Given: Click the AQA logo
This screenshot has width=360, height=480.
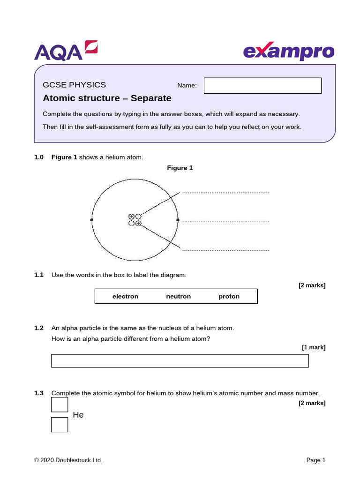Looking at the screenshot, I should click(x=66, y=51).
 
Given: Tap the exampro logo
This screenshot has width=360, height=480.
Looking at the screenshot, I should click(x=289, y=52).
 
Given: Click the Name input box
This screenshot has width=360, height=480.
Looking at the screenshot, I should click(x=262, y=86).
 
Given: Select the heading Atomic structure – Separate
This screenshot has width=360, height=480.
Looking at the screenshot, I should click(x=107, y=98).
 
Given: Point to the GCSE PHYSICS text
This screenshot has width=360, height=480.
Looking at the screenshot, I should click(x=74, y=85).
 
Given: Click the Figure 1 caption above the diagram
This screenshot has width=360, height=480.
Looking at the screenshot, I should click(x=180, y=168).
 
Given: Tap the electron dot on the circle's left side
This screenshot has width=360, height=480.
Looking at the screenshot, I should click(x=92, y=219).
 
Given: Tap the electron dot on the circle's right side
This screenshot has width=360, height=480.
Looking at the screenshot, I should click(x=178, y=219).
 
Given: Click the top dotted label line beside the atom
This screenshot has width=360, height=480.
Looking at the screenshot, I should click(x=225, y=193).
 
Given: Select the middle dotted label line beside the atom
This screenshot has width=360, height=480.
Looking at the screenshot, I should click(x=225, y=221).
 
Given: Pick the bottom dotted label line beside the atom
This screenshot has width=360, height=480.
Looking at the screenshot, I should click(x=225, y=250).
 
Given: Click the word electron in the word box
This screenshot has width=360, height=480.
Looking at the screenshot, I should click(x=125, y=296).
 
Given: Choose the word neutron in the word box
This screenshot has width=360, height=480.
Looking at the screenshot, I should click(x=178, y=296).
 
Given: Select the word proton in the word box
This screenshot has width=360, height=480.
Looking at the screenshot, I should click(x=229, y=296).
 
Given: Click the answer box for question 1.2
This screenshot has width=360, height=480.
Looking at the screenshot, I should click(x=180, y=361).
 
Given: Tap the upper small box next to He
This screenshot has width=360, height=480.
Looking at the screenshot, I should click(x=60, y=405).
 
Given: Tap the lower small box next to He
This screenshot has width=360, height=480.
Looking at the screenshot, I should click(x=60, y=425).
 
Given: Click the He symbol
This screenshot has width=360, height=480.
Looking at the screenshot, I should click(x=78, y=415).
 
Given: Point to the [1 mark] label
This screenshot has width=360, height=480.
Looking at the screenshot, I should click(x=313, y=347).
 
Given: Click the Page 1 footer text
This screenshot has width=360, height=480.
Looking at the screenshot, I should click(x=315, y=460).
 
